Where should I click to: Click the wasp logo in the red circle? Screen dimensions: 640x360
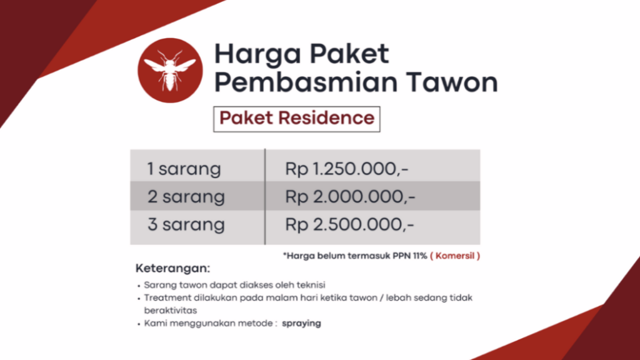click(x=170, y=70)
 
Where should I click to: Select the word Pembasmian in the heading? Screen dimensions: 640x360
click(x=306, y=82)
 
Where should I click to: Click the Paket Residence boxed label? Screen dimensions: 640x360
click(x=297, y=119)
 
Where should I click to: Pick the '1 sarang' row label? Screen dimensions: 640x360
click(x=184, y=169)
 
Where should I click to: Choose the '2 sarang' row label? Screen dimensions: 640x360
click(x=186, y=197)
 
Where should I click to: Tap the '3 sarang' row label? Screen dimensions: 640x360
click(x=186, y=224)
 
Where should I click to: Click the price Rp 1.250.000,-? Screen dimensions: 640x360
click(x=346, y=169)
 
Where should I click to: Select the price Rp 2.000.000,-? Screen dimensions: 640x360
click(x=350, y=197)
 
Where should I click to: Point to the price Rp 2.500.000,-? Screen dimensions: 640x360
click(x=349, y=224)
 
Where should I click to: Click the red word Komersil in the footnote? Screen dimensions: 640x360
click(x=455, y=256)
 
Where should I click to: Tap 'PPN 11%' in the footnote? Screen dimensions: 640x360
click(x=410, y=256)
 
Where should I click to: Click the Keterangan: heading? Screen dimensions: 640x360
click(x=172, y=268)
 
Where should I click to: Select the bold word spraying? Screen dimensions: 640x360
click(x=301, y=324)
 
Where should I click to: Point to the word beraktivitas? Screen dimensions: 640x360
click(x=170, y=311)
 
